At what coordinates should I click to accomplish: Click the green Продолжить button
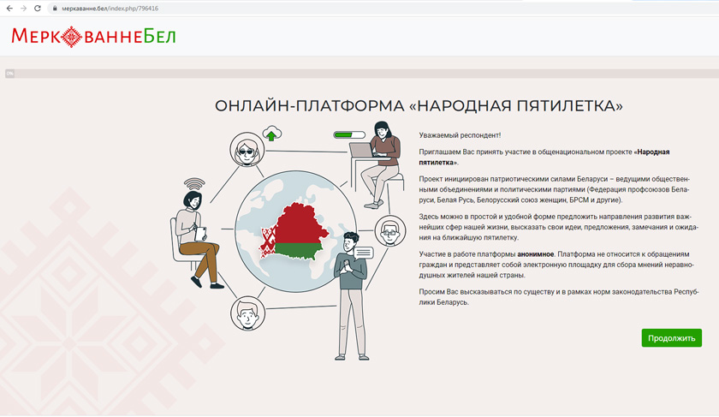pyautogui.click(x=671, y=338)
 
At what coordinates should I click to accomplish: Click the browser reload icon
pyautogui.click(x=38, y=9)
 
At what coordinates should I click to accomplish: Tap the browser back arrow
pyautogui.click(x=9, y=9)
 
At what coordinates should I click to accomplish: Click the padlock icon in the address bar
pyautogui.click(x=55, y=9)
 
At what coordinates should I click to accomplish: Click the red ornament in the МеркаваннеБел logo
pyautogui.click(x=72, y=37)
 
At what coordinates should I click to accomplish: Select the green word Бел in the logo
pyautogui.click(x=159, y=36)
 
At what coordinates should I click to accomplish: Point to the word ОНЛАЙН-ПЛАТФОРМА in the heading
pyautogui.click(x=310, y=106)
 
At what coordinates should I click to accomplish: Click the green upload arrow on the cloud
pyautogui.click(x=272, y=135)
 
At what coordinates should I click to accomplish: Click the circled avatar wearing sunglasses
pyautogui.click(x=247, y=150)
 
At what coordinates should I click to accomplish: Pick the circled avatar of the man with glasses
pyautogui.click(x=390, y=230)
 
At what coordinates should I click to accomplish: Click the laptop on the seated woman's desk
pyautogui.click(x=362, y=150)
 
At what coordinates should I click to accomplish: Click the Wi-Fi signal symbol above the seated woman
pyautogui.click(x=194, y=184)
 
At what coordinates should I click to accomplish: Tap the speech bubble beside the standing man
pyautogui.click(x=364, y=253)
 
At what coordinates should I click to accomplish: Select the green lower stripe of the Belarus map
pyautogui.click(x=297, y=251)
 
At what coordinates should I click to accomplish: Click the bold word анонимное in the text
pyautogui.click(x=536, y=254)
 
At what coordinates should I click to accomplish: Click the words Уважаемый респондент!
pyautogui.click(x=460, y=135)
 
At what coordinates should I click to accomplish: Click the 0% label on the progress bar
pyautogui.click(x=9, y=74)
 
